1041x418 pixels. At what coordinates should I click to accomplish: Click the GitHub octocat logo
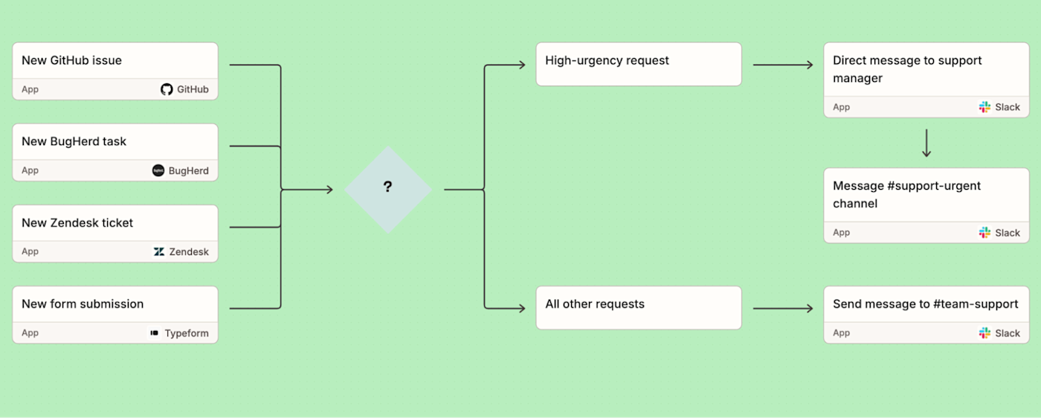click(167, 89)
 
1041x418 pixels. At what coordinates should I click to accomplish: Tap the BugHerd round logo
click(158, 170)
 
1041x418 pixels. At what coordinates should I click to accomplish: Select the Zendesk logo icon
click(159, 251)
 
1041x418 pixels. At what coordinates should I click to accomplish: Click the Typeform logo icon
click(155, 333)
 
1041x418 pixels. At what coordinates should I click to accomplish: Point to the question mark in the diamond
click(387, 187)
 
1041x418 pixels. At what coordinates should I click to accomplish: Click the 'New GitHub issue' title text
click(71, 60)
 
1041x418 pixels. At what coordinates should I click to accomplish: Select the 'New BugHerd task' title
click(74, 141)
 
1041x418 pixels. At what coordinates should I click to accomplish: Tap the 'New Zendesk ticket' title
click(77, 222)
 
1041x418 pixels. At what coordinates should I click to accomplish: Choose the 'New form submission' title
click(83, 303)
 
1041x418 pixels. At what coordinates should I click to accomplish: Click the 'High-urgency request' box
click(638, 64)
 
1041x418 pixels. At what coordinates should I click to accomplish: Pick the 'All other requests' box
click(638, 307)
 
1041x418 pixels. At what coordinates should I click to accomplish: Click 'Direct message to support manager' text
click(907, 69)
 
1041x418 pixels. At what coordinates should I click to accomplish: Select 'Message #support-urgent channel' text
click(906, 194)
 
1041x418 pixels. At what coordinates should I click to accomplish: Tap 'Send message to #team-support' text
click(925, 303)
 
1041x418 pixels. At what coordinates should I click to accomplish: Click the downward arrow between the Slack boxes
click(926, 144)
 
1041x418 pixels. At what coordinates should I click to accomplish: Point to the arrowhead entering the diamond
click(328, 190)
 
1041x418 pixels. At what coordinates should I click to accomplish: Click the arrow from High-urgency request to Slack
click(783, 65)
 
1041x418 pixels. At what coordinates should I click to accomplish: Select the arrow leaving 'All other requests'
click(783, 308)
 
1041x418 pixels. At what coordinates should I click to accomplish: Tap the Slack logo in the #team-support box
click(984, 333)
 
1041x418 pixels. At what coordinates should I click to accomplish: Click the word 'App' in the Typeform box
click(30, 333)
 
